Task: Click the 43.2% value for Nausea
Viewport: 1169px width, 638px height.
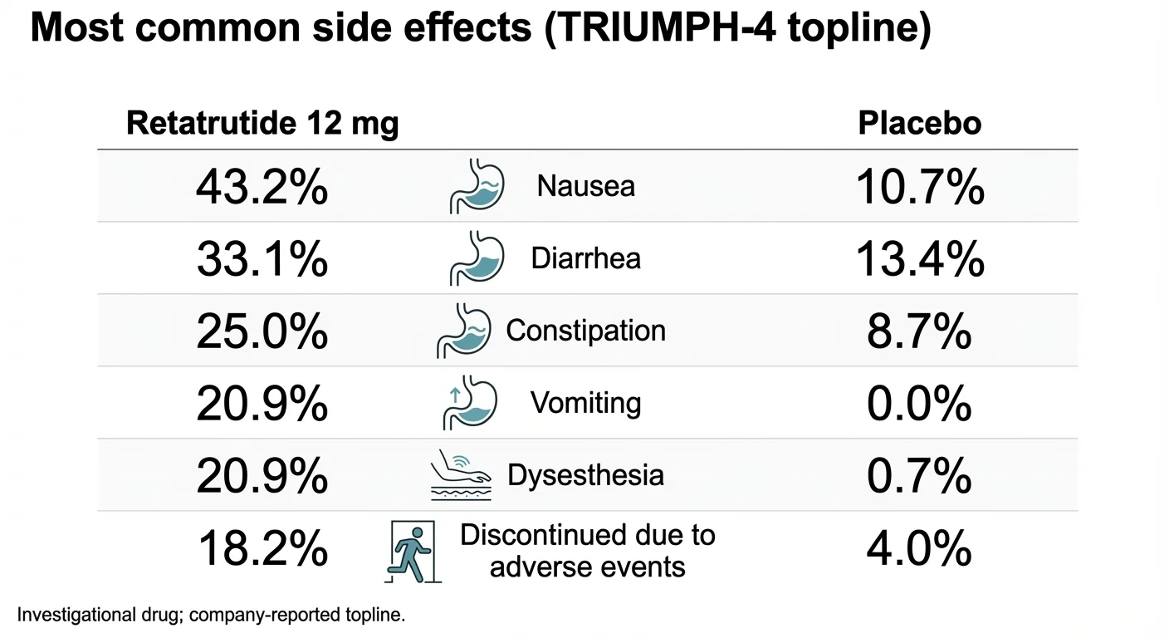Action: pyautogui.click(x=262, y=187)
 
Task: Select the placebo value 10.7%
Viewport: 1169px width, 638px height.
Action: pyautogui.click(x=919, y=187)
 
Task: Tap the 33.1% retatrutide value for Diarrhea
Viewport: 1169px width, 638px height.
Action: pyautogui.click(x=262, y=259)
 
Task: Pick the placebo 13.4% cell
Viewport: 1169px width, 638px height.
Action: pyautogui.click(x=919, y=259)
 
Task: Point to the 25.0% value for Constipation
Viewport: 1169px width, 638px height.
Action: pyautogui.click(x=262, y=331)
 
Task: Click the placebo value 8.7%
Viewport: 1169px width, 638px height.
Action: pyautogui.click(x=919, y=331)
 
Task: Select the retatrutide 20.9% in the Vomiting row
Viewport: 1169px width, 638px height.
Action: pyautogui.click(x=262, y=404)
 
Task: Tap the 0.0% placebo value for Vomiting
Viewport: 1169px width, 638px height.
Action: pyautogui.click(x=919, y=404)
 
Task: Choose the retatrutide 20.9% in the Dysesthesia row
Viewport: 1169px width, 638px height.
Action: pyautogui.click(x=262, y=476)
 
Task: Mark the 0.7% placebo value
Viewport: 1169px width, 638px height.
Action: pyautogui.click(x=919, y=476)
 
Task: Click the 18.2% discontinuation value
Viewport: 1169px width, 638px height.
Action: pyautogui.click(x=262, y=549)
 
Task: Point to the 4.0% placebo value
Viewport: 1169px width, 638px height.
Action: pyautogui.click(x=919, y=549)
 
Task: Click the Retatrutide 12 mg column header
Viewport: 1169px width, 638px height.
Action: pyautogui.click(x=262, y=124)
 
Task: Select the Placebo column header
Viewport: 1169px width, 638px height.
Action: pyautogui.click(x=919, y=124)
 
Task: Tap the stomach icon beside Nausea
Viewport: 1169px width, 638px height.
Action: pyautogui.click(x=477, y=186)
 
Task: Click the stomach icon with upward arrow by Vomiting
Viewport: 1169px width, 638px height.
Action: pyautogui.click(x=469, y=403)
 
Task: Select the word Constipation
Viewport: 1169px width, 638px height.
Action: pyautogui.click(x=585, y=331)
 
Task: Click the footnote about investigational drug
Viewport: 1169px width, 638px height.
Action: pyautogui.click(x=211, y=616)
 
